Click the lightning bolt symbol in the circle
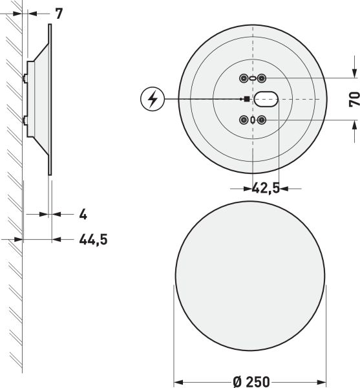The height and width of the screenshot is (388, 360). click(x=153, y=99)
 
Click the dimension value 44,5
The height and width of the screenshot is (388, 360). click(x=93, y=239)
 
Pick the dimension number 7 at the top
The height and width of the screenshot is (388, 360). click(x=59, y=13)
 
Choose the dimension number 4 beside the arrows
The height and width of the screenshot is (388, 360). click(x=83, y=213)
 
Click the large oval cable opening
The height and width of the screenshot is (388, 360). click(x=265, y=99)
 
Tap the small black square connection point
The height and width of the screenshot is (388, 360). click(x=246, y=99)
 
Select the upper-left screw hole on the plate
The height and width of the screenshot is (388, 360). click(x=244, y=78)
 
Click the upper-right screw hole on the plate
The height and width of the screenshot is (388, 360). click(x=262, y=78)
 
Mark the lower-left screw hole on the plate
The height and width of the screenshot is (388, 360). click(x=244, y=120)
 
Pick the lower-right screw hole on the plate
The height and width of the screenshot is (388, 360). click(x=262, y=120)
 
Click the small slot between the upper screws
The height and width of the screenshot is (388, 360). click(x=253, y=78)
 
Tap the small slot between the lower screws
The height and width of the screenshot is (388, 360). click(x=253, y=120)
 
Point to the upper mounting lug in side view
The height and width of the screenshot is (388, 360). click(x=25, y=78)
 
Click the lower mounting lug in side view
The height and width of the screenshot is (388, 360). click(x=25, y=119)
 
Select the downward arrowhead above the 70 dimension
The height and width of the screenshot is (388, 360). click(x=353, y=73)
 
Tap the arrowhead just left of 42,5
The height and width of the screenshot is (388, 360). click(x=248, y=188)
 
